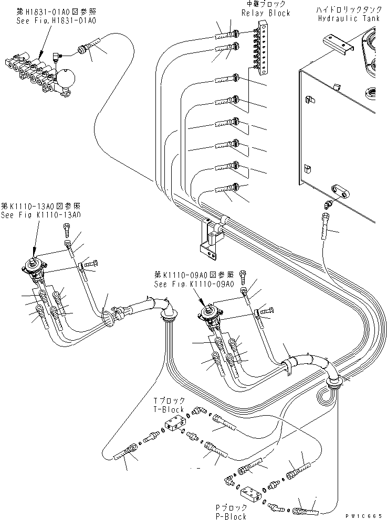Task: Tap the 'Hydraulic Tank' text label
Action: (x=350, y=18)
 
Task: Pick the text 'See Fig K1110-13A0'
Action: (x=40, y=215)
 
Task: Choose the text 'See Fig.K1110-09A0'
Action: (x=193, y=284)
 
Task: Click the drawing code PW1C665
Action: (x=365, y=515)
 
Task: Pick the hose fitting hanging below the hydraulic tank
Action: (x=327, y=220)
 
